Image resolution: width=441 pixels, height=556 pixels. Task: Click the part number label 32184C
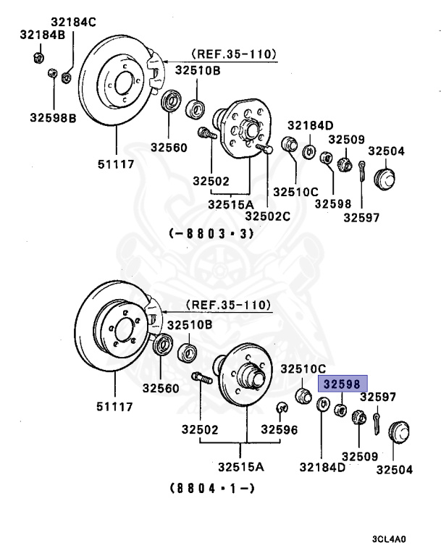(x=73, y=22)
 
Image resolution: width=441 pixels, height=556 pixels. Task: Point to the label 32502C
(x=267, y=215)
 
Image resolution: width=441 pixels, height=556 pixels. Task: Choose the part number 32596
(x=279, y=429)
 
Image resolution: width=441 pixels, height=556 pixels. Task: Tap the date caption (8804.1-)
(x=211, y=487)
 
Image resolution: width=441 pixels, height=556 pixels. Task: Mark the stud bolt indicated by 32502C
(x=264, y=149)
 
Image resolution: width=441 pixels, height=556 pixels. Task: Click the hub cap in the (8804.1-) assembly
(x=397, y=431)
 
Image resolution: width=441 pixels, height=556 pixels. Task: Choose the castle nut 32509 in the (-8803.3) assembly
(x=345, y=163)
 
